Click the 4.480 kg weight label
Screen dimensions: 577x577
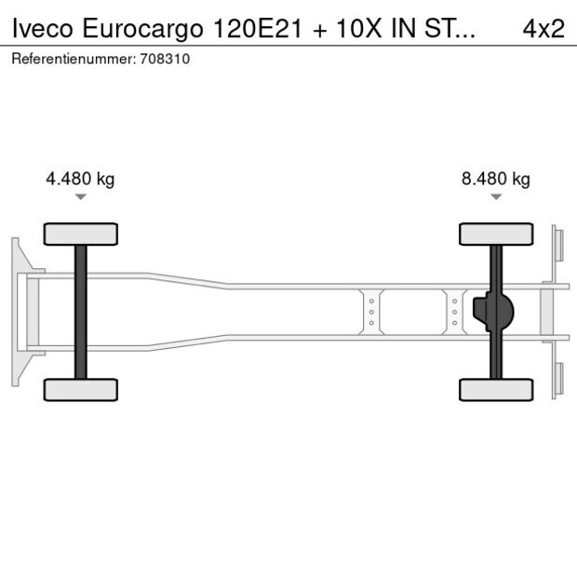(80, 180)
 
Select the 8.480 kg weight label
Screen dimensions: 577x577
(495, 180)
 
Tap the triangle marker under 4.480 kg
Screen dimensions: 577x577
(81, 197)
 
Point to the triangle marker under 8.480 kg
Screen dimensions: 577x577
(496, 197)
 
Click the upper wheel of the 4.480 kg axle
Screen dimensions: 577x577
(81, 234)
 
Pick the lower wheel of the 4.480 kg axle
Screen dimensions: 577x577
(81, 389)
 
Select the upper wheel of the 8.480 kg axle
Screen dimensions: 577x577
(496, 234)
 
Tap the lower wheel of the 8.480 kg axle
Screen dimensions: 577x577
(496, 389)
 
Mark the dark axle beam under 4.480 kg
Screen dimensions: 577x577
(81, 312)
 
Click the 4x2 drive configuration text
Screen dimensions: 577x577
(543, 29)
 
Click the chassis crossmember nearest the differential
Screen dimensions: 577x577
(454, 312)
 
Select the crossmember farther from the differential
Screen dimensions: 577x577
(370, 312)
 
